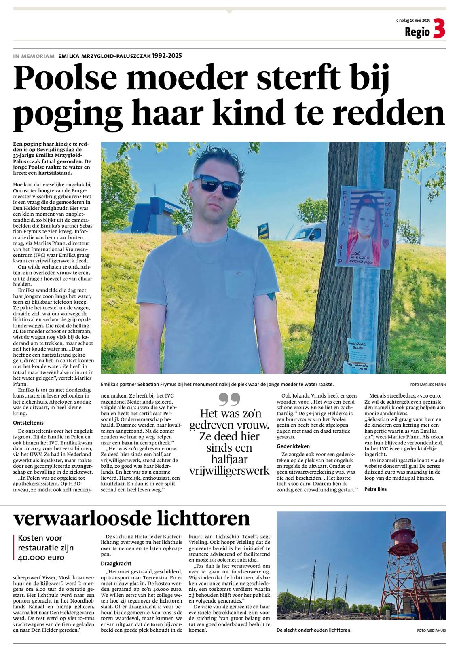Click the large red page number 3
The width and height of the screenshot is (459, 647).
(439, 30)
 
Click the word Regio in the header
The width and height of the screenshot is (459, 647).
(417, 32)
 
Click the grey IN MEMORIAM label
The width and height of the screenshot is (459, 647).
(34, 56)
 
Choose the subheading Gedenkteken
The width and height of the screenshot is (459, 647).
(293, 446)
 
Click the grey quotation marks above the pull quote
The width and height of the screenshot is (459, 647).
(229, 399)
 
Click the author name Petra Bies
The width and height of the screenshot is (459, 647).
(376, 489)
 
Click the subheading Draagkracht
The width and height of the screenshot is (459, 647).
(116, 563)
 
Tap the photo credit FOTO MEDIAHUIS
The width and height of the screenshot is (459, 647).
(432, 630)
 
